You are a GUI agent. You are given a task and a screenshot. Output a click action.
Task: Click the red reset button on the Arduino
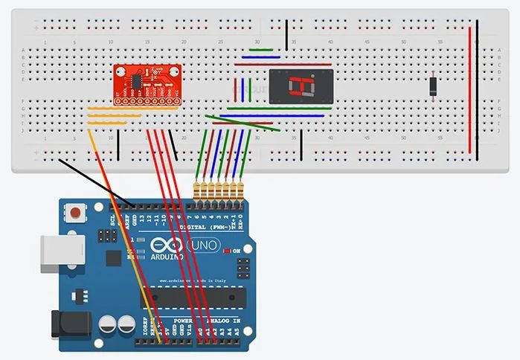pos(74,215)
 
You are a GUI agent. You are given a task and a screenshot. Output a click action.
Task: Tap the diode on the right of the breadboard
pos(433,86)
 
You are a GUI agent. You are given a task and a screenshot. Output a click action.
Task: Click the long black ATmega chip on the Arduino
pos(201,294)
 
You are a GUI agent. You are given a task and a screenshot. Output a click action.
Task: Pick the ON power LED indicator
pos(227,251)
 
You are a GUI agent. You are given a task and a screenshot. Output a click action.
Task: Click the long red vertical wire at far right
pos(469,89)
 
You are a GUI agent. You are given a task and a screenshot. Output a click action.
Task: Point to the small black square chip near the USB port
pos(113,258)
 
